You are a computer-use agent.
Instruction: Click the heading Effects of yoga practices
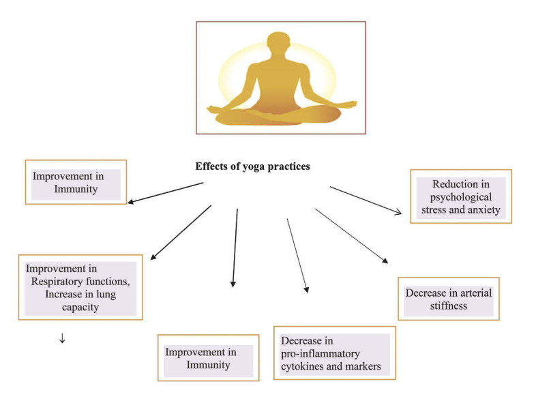pos(253,166)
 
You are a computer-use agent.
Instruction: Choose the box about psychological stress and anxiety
pos(460,196)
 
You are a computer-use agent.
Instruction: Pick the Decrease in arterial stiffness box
pos(448,299)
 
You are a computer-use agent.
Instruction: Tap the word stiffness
pos(448,306)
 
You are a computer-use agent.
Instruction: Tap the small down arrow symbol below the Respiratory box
pos(62,338)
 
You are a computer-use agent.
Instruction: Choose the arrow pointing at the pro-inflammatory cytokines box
pos(297,256)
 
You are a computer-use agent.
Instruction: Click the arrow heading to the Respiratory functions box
pos(181,233)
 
